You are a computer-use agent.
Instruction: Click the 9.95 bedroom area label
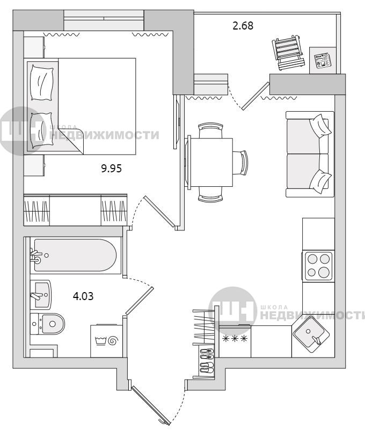click(111, 169)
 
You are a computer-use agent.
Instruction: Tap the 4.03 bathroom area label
click(83, 296)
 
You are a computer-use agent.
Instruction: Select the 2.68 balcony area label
click(243, 26)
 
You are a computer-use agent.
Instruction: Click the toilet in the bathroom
click(47, 324)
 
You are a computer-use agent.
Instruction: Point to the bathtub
click(75, 256)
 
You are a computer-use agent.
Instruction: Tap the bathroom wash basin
click(40, 295)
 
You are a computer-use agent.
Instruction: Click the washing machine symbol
click(107, 340)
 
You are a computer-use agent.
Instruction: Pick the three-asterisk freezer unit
click(235, 341)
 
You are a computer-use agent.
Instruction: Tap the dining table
click(211, 163)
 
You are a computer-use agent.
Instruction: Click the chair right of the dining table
click(240, 163)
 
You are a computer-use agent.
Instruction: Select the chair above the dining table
click(210, 130)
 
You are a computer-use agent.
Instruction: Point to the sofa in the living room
click(310, 154)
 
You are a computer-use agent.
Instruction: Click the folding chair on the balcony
click(288, 52)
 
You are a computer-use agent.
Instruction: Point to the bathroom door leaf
click(140, 301)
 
